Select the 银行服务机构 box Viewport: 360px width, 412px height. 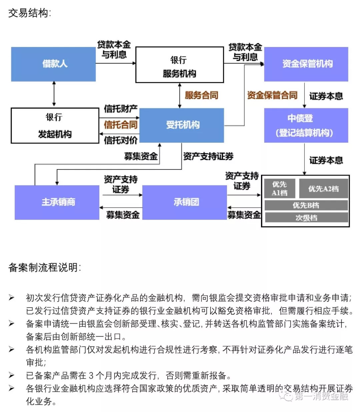coord(179,65)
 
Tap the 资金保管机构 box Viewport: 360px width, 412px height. coord(306,64)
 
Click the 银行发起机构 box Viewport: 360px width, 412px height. coord(55,125)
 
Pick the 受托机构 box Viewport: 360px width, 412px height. coord(182,125)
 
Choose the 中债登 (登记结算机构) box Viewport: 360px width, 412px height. coord(306,125)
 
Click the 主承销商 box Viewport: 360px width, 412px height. coord(57,202)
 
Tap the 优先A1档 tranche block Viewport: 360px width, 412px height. coord(279,188)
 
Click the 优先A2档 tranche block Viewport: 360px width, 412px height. coord(323,188)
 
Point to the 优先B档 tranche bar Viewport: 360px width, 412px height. coord(306,205)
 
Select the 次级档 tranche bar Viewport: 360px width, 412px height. coord(306,218)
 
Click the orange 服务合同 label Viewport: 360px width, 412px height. coord(201,95)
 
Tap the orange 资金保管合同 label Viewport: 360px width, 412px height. coord(272,95)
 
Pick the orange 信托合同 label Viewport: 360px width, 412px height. coord(121,125)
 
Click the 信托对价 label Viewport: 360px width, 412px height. coord(121,140)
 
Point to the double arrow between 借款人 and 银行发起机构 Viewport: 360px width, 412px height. coord(54,94)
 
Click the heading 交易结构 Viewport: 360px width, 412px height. coord(29,13)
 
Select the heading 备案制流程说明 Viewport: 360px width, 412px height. coord(44,267)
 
